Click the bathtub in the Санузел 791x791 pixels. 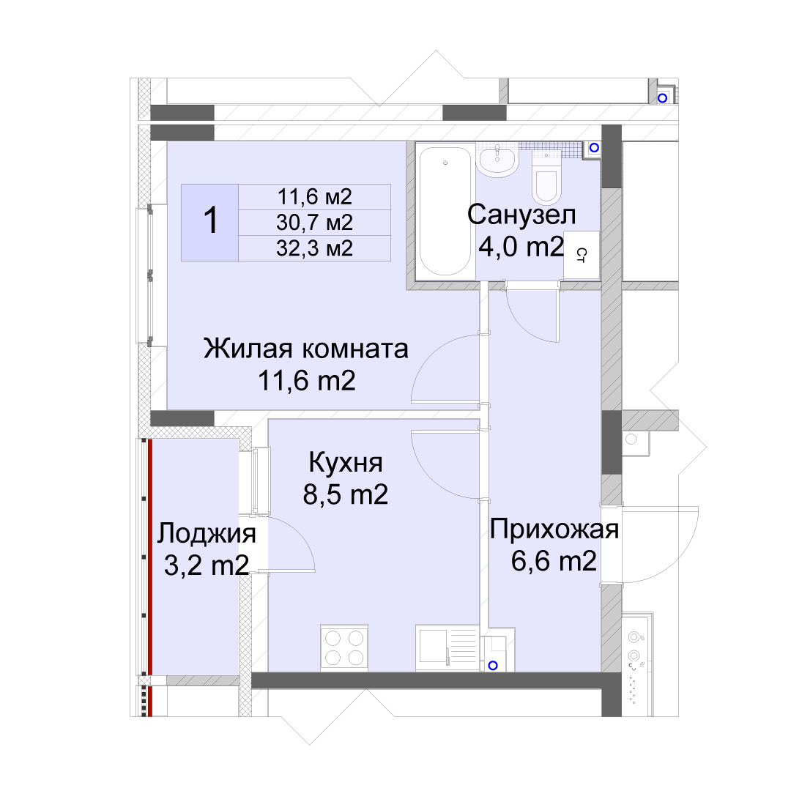pos(445,212)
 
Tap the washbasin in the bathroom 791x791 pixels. pos(498,160)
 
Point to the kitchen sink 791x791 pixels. pos(447,648)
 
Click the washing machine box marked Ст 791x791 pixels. pos(581,255)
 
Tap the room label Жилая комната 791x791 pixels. pos(305,349)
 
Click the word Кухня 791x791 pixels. pos(346,463)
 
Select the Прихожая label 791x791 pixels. pos(554,530)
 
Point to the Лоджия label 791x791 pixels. pos(207,534)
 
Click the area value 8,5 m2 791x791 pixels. pos(346,494)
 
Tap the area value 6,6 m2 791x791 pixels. pos(554,561)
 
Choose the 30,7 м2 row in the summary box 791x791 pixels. pos(314,223)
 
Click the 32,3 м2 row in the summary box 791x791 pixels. pos(314,248)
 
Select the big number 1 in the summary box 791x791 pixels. pos(210,221)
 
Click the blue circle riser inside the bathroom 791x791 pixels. pos(594,147)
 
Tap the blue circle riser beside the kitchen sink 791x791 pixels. pos(493,665)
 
